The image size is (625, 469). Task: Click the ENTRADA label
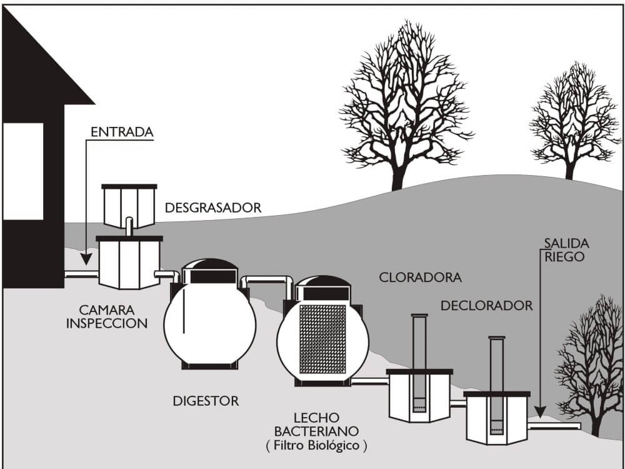[122, 132]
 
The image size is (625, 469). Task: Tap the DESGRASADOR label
[213, 208]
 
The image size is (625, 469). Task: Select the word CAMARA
[107, 310]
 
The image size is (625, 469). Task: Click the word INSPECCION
[107, 323]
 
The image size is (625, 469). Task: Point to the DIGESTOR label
[206, 401]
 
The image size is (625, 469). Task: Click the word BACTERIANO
[316, 431]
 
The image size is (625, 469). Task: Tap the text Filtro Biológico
[316, 445]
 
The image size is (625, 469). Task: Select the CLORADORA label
[420, 277]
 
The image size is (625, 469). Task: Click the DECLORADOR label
[486, 306]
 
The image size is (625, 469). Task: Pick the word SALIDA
[566, 243]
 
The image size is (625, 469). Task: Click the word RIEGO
[564, 256]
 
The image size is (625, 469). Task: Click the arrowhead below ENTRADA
[86, 260]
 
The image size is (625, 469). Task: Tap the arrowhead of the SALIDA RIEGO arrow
[540, 411]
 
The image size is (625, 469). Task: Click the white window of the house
[22, 171]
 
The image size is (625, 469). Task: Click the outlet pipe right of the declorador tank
[554, 426]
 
